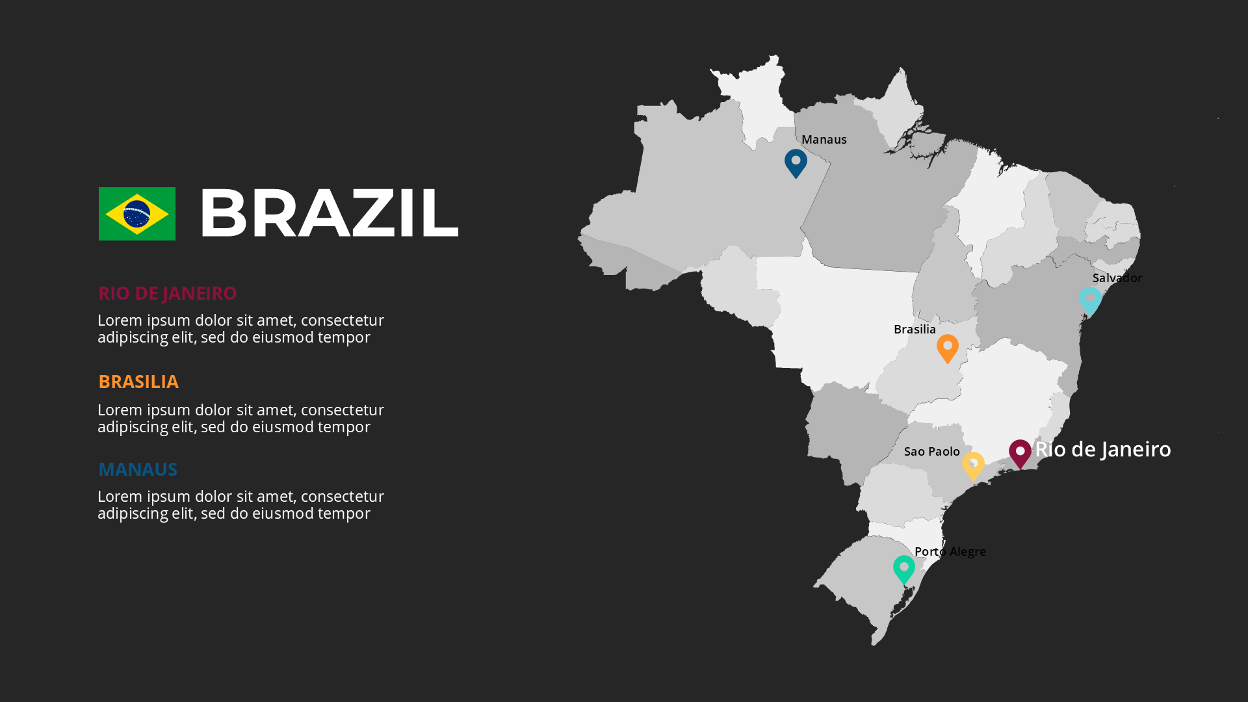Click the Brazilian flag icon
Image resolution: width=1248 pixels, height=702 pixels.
point(136,214)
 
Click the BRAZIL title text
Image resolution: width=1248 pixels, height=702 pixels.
point(329,213)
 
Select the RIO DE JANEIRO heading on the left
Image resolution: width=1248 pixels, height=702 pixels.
point(167,293)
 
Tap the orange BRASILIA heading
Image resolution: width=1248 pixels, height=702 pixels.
point(138,382)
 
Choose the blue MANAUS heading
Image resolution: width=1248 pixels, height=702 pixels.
point(138,469)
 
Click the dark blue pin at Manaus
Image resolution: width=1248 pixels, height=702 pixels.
point(796,162)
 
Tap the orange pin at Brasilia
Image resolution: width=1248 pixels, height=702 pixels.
point(948,347)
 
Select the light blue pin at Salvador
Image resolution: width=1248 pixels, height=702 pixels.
point(1090,300)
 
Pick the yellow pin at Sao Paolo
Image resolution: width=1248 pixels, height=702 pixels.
point(973,465)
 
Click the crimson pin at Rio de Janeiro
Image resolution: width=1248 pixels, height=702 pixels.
point(1020,452)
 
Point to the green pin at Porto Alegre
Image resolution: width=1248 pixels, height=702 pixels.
point(903,569)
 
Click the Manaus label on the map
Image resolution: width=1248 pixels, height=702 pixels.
point(824,140)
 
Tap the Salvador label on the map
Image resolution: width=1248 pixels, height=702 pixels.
point(1117,278)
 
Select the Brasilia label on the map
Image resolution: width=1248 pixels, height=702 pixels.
point(915,330)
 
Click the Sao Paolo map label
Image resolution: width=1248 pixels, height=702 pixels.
point(931,452)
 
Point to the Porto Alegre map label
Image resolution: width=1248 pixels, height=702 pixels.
point(950,552)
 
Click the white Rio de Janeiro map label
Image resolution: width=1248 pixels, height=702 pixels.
point(1103,449)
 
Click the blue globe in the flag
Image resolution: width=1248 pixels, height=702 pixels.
point(136,214)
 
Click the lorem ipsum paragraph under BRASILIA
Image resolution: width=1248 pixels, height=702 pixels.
point(240,418)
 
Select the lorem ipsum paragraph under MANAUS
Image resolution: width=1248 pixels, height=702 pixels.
point(240,504)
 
